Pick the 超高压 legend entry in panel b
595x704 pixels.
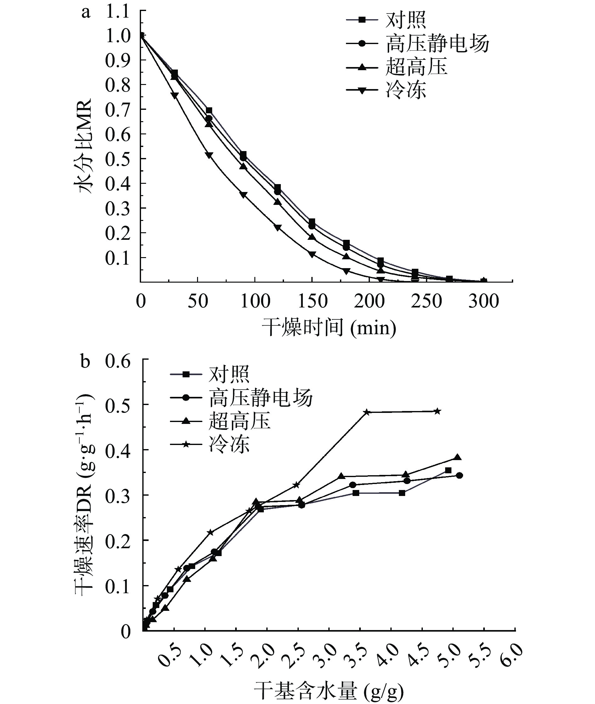point(240,421)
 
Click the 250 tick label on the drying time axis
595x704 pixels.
point(426,301)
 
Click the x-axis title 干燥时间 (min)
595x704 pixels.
point(329,327)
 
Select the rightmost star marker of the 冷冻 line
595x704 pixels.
point(437,411)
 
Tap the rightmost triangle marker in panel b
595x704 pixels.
point(457,457)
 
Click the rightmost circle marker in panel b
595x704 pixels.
point(459,476)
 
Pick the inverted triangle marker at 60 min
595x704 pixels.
point(209,155)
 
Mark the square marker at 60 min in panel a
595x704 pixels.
point(209,110)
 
